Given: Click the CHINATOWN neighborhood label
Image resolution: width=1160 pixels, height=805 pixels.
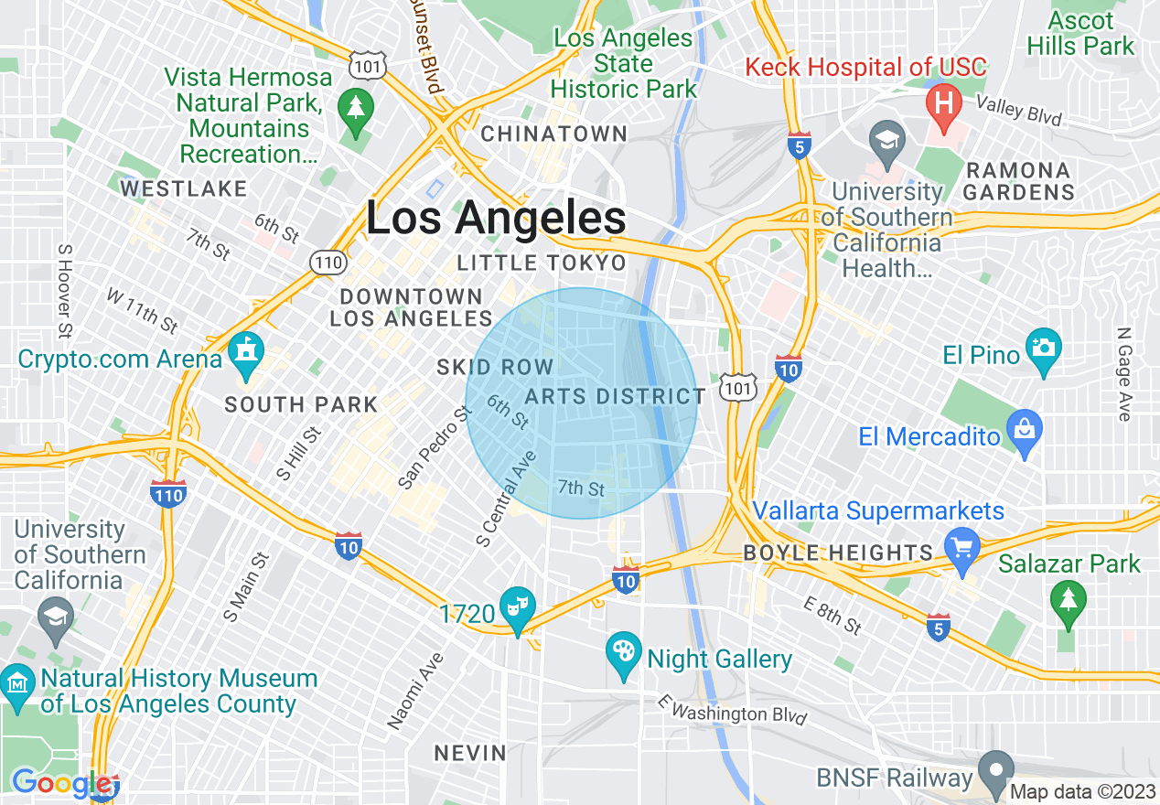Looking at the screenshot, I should tap(554, 134).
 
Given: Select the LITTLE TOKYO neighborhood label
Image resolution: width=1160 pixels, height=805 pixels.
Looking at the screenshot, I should tap(542, 263).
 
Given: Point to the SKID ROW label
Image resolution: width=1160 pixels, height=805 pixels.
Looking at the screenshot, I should tap(495, 368).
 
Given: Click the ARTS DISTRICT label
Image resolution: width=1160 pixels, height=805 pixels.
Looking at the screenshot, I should tap(615, 396).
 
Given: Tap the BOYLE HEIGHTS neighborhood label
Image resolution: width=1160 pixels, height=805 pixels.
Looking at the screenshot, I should tap(837, 553).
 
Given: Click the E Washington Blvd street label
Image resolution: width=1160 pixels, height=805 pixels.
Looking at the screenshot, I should tap(732, 709).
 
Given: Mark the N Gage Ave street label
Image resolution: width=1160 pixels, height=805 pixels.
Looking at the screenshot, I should tap(1124, 375).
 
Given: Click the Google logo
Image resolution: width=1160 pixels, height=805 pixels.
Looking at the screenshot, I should tap(62, 784).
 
